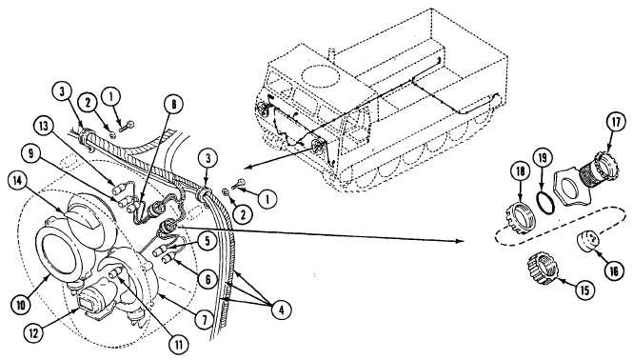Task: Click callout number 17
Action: pos(616,123)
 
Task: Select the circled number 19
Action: pos(543,158)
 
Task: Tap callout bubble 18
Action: pos(521,171)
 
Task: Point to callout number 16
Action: pos(613,271)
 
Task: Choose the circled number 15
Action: pos(584,290)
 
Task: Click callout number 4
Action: pos(281,310)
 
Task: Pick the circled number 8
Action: pos(173,104)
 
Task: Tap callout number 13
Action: pos(44,127)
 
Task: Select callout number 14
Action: pos(18,181)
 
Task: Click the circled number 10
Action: pos(21,305)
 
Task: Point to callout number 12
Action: pos(34,333)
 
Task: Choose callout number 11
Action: pos(179,345)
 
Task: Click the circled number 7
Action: pos(205,320)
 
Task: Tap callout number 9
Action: pos(32,154)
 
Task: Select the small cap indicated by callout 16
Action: pos(588,241)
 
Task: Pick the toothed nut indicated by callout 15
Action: pos(543,268)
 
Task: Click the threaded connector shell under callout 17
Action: pos(599,169)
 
